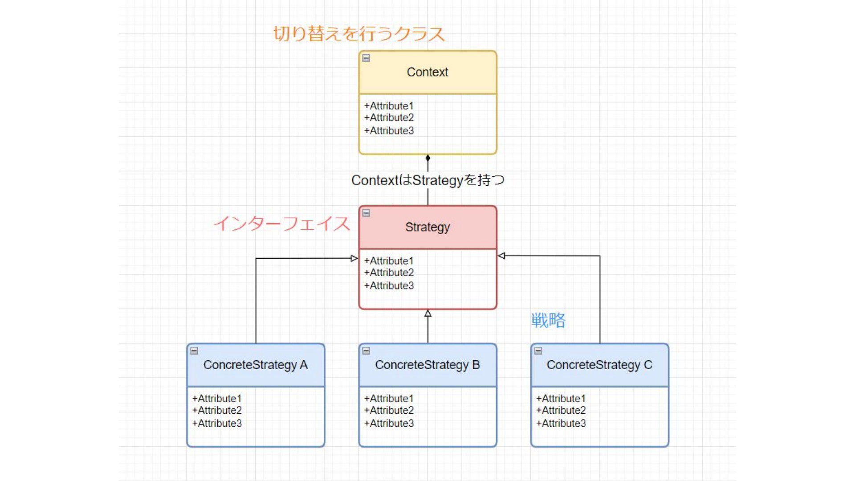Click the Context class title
point(427,72)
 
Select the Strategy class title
point(427,227)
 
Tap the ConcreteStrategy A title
point(256,365)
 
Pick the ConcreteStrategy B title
point(427,365)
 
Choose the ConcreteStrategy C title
point(599,365)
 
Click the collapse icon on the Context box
point(366,58)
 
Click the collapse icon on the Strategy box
point(366,213)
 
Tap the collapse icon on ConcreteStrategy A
point(194,351)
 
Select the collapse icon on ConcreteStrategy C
point(538,351)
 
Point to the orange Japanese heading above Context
point(359,34)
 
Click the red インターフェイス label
point(282,224)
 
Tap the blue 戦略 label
point(548,320)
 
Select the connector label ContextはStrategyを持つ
point(427,180)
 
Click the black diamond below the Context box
point(428,158)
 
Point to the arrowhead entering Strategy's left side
point(354,258)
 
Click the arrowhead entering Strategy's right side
point(501,256)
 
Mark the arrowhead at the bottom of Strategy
point(428,313)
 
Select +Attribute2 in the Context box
point(389,118)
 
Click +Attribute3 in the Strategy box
point(389,285)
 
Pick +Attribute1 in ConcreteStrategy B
point(389,399)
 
